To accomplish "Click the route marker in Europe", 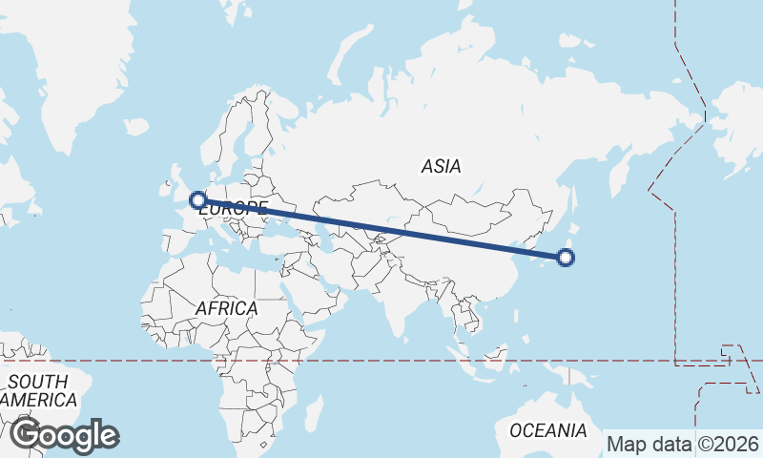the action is click(198, 200).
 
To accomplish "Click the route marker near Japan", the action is click(566, 257).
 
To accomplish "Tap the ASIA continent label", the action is click(441, 166).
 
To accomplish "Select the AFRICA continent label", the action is click(226, 308).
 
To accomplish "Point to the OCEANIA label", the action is click(547, 430).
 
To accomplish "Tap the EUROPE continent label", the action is click(235, 207).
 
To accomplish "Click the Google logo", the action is click(64, 435).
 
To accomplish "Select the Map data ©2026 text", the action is click(684, 444).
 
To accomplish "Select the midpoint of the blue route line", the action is click(381, 229).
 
